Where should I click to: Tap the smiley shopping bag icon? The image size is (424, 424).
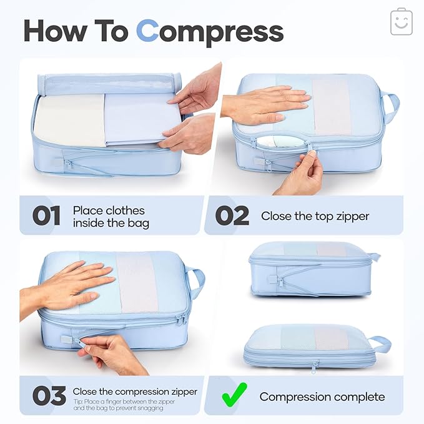[x=402, y=22]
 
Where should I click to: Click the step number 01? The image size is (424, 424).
[x=47, y=216]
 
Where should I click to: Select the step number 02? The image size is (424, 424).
[x=232, y=216]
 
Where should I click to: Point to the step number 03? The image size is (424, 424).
[x=48, y=396]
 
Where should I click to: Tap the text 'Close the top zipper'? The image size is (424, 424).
[x=315, y=216]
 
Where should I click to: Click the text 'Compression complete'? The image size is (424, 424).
[x=322, y=397]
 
